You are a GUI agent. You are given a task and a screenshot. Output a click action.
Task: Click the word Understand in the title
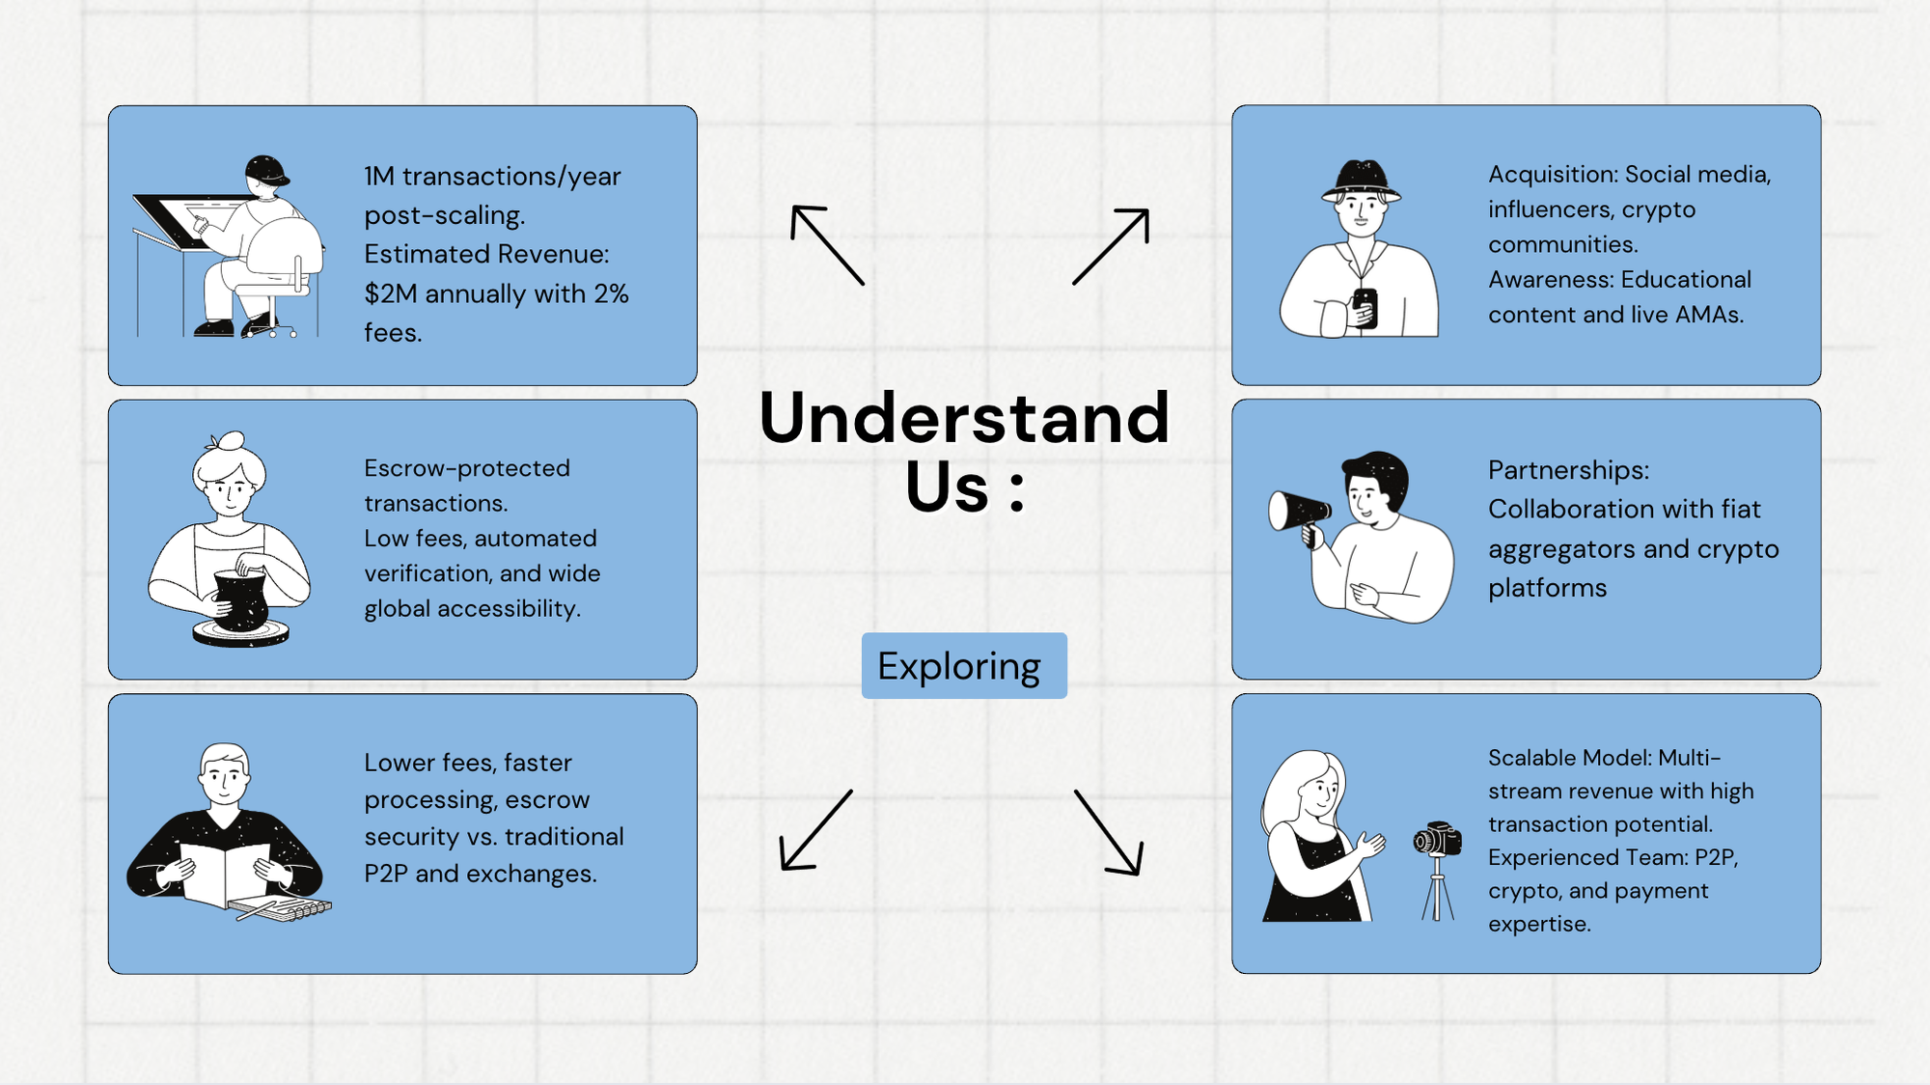[x=964, y=418]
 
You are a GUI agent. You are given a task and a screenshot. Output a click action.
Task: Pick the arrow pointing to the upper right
[x=1112, y=245]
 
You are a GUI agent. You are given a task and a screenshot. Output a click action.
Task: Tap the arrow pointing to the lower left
[x=815, y=831]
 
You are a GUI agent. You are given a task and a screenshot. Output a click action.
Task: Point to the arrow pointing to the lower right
[x=1110, y=833]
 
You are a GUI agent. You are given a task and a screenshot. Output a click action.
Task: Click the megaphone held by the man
[x=1298, y=512]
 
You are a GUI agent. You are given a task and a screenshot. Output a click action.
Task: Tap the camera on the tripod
[x=1437, y=839]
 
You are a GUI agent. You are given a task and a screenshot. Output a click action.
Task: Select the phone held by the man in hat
[x=1365, y=307]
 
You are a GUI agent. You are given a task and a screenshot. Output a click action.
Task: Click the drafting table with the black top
[x=193, y=222]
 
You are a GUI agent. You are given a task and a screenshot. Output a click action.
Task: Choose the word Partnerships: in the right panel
[x=1568, y=470]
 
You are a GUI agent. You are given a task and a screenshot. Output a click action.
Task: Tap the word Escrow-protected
[x=467, y=468]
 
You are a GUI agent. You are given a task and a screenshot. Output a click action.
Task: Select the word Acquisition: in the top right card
[x=1553, y=175]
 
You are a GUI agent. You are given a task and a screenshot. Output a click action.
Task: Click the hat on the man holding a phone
[x=1361, y=180]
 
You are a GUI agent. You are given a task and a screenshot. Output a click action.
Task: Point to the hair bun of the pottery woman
[x=231, y=441]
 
